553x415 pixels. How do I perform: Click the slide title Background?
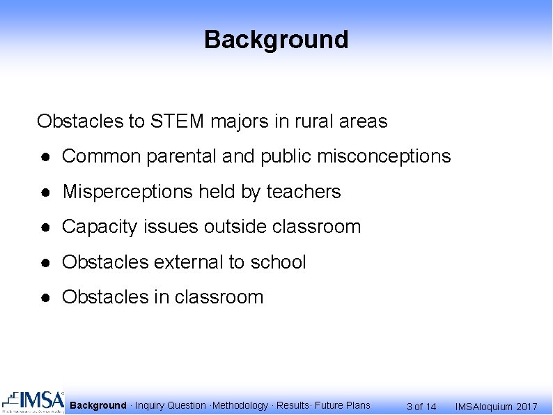coord(276,40)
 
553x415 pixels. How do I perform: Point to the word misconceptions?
coord(384,157)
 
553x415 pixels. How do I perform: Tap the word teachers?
coord(304,192)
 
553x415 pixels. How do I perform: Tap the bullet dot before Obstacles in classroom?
coord(44,298)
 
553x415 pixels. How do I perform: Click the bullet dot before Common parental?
coord(44,157)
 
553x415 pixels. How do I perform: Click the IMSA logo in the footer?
coord(33,402)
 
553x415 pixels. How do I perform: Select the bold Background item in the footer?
coord(98,405)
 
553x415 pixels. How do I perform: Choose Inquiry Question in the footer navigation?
coord(171,405)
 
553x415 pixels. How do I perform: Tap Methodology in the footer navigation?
coord(241,405)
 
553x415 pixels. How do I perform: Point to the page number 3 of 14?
coord(421,407)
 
